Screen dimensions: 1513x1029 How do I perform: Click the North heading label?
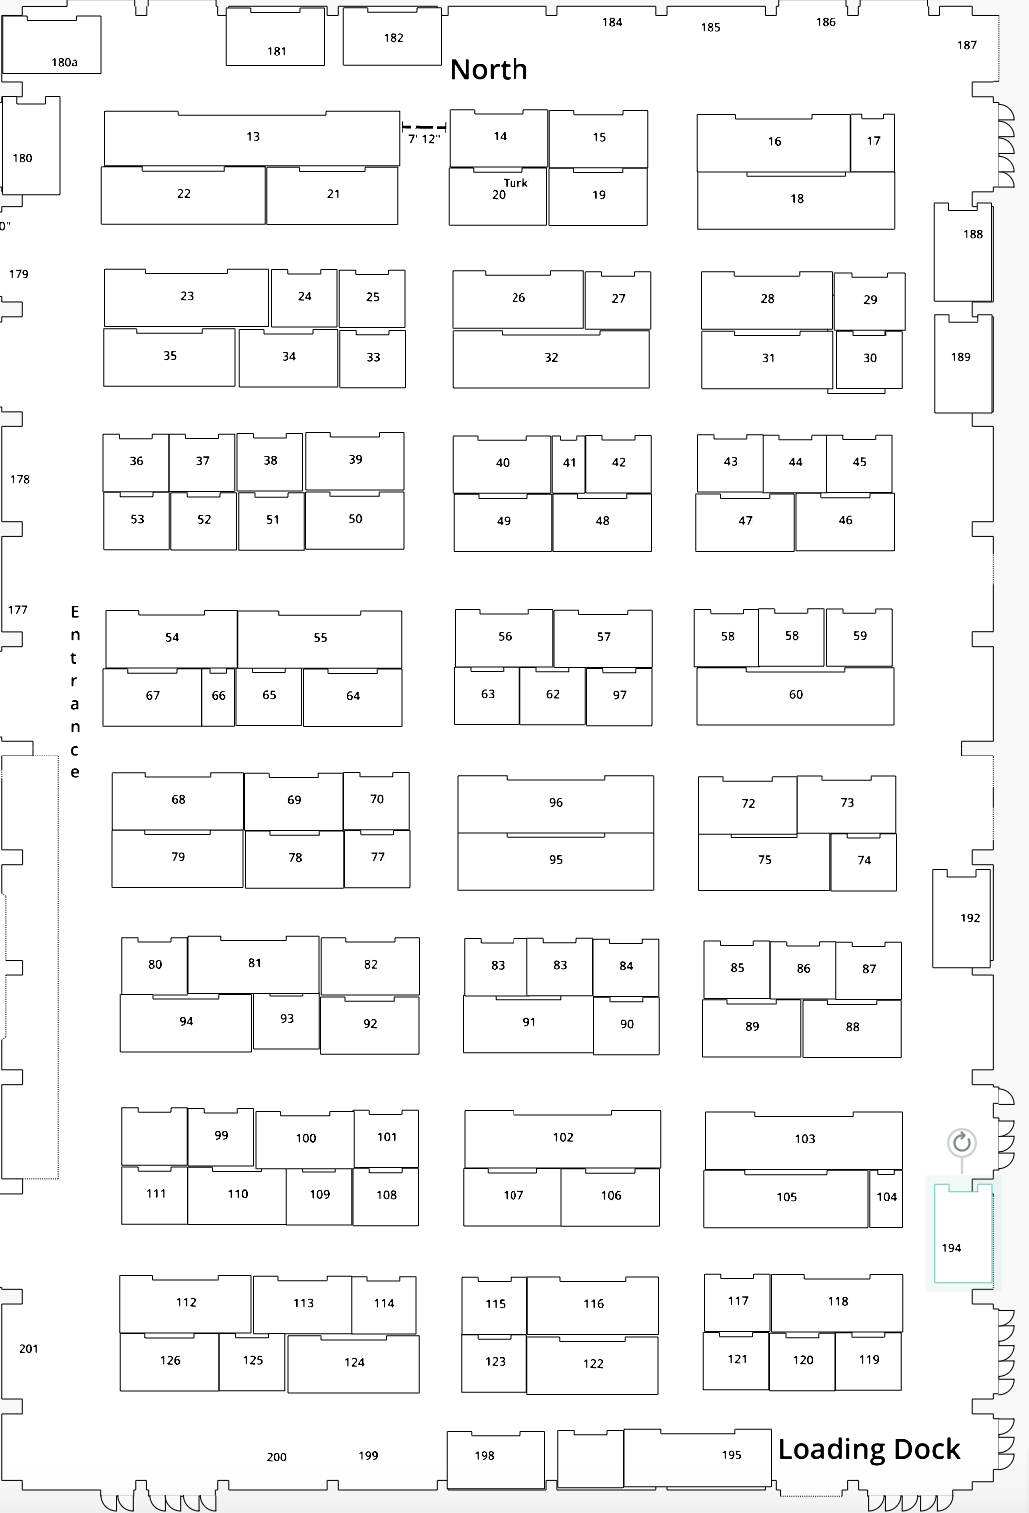coord(488,69)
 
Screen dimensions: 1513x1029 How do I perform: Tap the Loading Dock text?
coord(868,1449)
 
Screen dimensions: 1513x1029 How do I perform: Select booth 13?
coord(252,137)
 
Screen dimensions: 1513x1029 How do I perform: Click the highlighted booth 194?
coord(961,1235)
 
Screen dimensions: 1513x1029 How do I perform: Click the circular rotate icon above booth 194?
coord(961,1142)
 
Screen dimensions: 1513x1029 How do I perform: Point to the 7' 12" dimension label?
coord(424,139)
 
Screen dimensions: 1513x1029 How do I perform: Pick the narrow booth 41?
coord(569,463)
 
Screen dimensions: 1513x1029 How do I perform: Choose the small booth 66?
coord(218,696)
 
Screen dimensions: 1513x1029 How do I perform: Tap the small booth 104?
coord(886,1197)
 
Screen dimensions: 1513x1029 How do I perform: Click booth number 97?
coord(619,695)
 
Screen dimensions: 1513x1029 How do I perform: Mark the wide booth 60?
coord(795,695)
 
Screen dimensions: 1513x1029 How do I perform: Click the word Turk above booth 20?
coord(515,183)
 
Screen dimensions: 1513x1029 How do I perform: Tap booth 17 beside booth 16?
coord(873,141)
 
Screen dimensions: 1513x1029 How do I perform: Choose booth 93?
coord(286,1020)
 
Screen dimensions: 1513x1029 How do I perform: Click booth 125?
coord(253,1361)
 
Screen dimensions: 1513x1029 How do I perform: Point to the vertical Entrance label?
coord(74,692)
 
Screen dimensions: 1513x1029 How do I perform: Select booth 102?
coord(562,1138)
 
